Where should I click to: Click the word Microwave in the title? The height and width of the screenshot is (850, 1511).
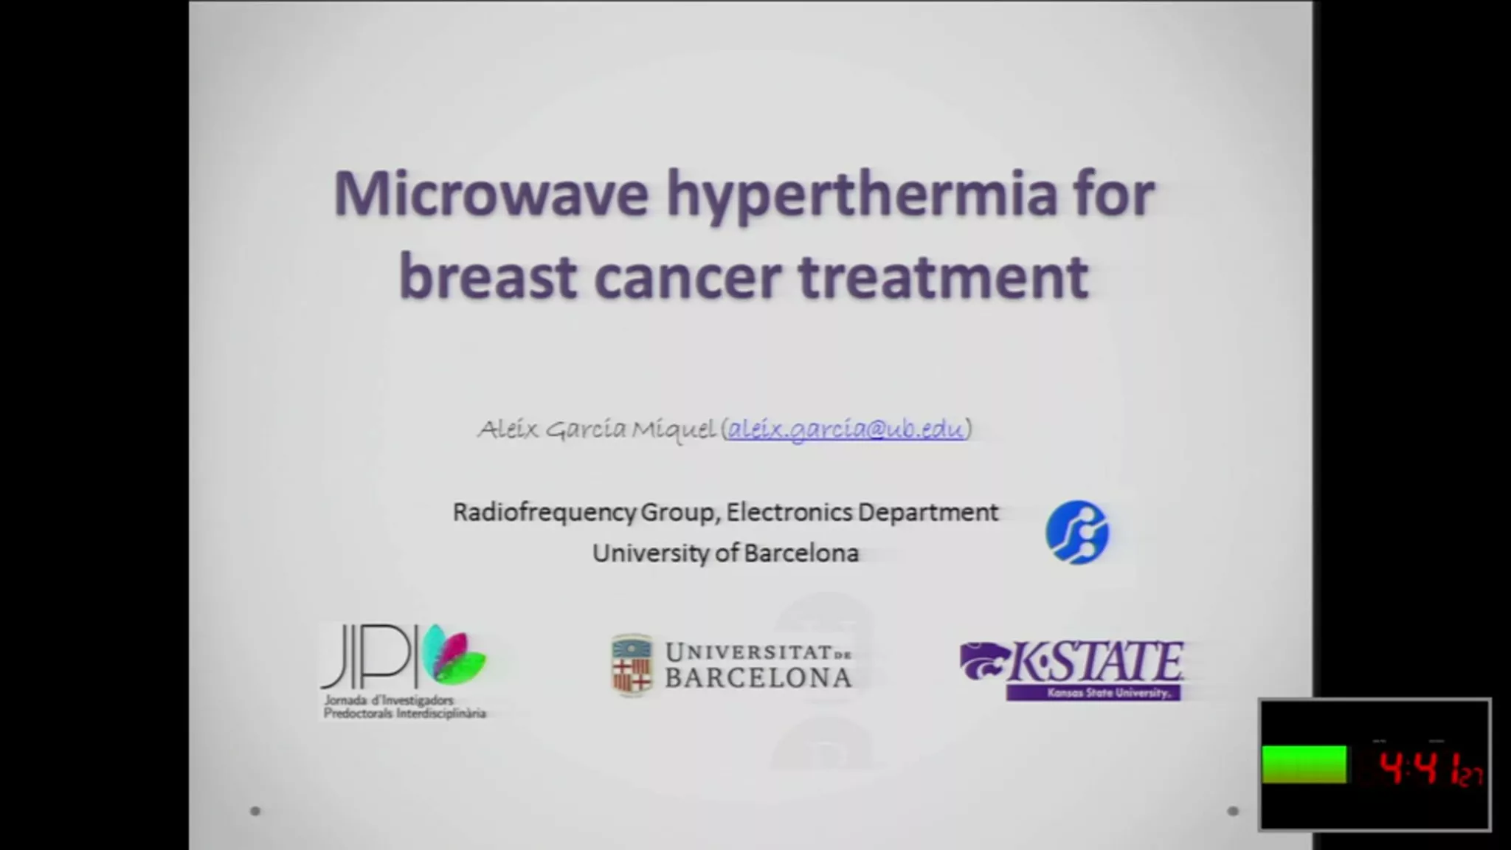point(491,193)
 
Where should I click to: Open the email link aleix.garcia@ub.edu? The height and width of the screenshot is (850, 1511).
point(846,429)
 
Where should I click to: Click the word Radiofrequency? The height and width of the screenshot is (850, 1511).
point(544,512)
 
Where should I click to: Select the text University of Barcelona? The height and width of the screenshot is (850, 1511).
point(725,553)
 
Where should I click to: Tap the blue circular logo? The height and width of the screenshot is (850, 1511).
point(1076,532)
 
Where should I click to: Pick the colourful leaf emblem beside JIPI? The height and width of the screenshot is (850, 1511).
point(454,654)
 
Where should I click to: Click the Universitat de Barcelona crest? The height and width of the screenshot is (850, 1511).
point(632,664)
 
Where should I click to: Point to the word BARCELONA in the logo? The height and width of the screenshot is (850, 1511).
point(758,677)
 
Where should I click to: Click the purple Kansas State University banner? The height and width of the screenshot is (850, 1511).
point(1093,693)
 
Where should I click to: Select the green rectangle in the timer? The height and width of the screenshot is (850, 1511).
point(1304,764)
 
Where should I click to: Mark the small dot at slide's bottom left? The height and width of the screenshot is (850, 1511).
point(255,811)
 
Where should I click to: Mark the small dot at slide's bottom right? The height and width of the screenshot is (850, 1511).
point(1232,811)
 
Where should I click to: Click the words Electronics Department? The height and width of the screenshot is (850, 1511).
point(862,512)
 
